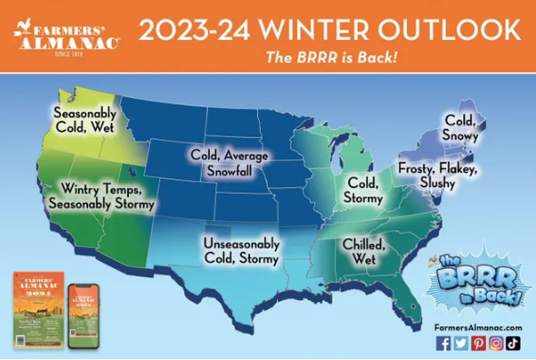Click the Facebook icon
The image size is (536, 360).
tap(443, 343)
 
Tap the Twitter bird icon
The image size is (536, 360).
tap(461, 343)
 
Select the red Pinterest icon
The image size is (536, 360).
tap(478, 343)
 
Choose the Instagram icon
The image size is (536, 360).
tap(496, 343)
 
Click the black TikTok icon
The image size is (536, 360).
tap(513, 343)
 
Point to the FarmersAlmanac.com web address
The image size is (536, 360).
tap(478, 326)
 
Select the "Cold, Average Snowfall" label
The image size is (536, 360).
tap(229, 162)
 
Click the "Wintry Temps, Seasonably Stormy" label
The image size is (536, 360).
tap(106, 197)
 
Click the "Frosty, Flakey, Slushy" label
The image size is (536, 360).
tap(436, 177)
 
